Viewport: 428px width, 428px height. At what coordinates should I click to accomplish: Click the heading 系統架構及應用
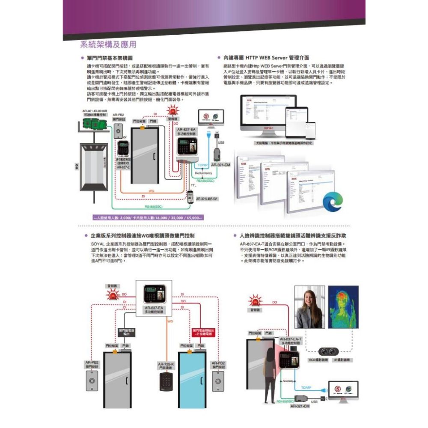pyautogui.click(x=108, y=45)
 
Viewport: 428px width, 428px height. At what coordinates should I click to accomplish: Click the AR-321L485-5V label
pyautogui.click(x=208, y=199)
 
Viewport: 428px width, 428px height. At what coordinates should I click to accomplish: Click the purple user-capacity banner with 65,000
pyautogui.click(x=148, y=218)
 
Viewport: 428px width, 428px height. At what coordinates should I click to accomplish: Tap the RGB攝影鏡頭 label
pyautogui.click(x=318, y=360)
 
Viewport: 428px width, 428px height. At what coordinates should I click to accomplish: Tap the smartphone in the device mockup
pyautogui.click(x=310, y=131)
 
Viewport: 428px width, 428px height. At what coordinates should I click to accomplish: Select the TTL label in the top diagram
pyautogui.click(x=193, y=185)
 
